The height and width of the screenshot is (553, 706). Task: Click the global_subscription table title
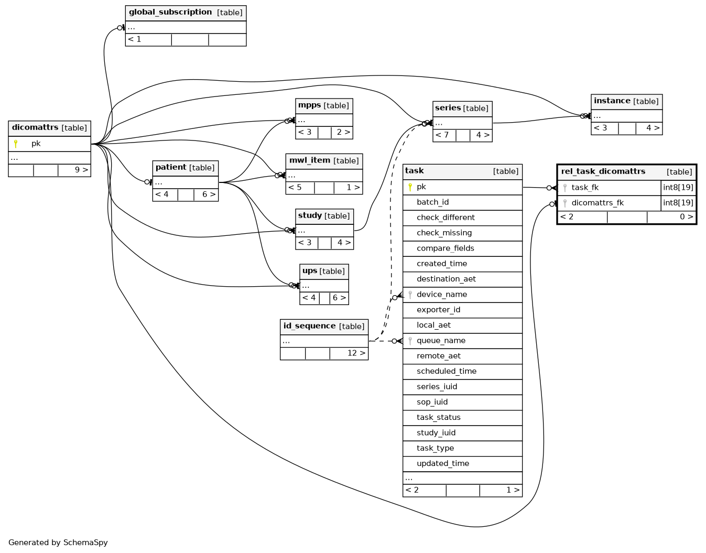(170, 13)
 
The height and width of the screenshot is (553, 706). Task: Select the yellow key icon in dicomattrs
(16, 144)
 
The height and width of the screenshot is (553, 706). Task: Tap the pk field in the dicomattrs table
(36, 144)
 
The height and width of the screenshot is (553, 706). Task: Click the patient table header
(171, 167)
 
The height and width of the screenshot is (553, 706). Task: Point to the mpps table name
(309, 105)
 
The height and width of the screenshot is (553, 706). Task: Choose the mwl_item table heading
(310, 160)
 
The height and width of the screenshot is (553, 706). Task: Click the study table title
(310, 215)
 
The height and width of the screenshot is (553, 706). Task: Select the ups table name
(310, 270)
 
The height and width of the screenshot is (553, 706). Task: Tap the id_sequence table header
(309, 326)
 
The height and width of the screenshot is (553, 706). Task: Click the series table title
(448, 108)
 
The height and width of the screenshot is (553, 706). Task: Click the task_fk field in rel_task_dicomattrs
(585, 188)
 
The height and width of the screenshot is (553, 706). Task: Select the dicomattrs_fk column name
(598, 203)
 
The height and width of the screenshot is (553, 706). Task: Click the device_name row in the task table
(441, 295)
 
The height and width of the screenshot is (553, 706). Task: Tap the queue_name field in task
(441, 341)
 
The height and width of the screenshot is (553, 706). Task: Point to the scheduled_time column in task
(447, 371)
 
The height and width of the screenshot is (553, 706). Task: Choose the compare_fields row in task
(445, 248)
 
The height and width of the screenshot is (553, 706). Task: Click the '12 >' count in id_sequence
(356, 353)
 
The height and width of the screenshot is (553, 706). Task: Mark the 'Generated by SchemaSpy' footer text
(58, 543)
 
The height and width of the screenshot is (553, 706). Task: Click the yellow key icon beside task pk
(410, 187)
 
